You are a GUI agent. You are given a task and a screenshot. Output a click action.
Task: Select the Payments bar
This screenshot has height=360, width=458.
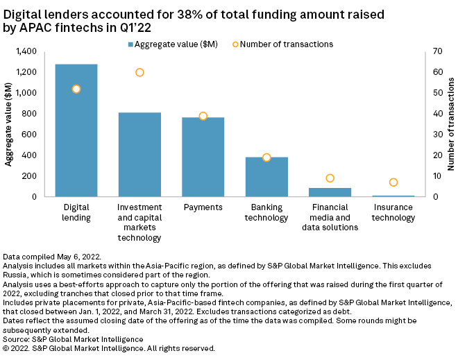click(203, 157)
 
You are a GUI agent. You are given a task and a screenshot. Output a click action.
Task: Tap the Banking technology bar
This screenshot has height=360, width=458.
click(266, 177)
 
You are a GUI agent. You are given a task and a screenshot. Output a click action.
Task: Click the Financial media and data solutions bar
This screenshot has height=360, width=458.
click(330, 192)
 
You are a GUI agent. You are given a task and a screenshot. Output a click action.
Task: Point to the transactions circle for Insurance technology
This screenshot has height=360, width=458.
click(393, 182)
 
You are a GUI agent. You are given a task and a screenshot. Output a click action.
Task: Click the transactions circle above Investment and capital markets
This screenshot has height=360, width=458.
click(139, 72)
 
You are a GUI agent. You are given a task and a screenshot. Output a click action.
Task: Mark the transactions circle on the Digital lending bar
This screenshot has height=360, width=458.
click(76, 89)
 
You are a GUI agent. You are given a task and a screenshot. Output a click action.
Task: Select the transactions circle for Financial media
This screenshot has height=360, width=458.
click(330, 178)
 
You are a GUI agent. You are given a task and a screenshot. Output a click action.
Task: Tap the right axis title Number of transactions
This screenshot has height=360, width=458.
click(450, 124)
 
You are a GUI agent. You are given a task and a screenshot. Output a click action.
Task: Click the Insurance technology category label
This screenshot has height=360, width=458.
click(393, 212)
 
